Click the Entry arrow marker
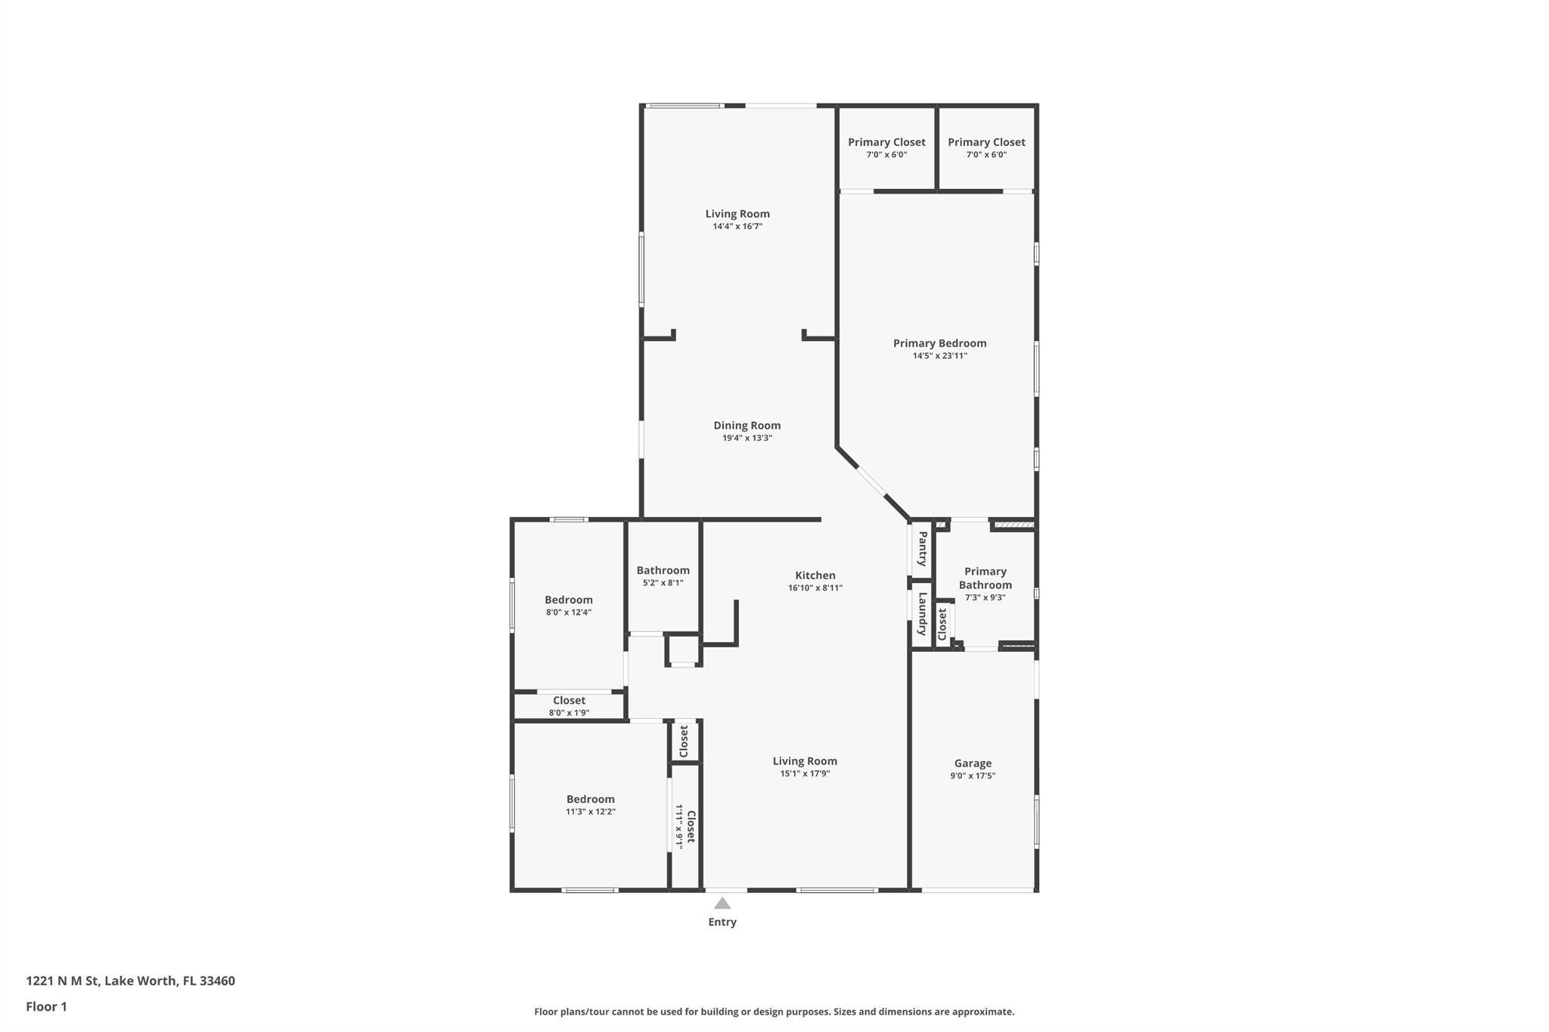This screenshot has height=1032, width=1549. pyautogui.click(x=722, y=903)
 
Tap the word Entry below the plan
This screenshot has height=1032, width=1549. pyautogui.click(x=722, y=922)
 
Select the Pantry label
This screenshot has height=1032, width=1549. pyautogui.click(x=923, y=549)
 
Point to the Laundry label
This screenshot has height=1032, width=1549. pyautogui.click(x=923, y=614)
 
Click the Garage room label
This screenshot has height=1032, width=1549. pyautogui.click(x=973, y=764)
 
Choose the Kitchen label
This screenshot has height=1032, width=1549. pyautogui.click(x=815, y=575)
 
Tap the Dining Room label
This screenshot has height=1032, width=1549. pyautogui.click(x=747, y=426)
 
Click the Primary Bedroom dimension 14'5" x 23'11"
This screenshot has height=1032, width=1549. pyautogui.click(x=940, y=356)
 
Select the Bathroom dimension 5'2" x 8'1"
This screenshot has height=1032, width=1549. pyautogui.click(x=663, y=583)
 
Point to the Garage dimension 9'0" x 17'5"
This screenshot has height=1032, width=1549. pyautogui.click(x=973, y=776)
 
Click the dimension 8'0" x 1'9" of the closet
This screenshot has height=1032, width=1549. pyautogui.click(x=569, y=713)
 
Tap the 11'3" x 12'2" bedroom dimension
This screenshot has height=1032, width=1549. pyautogui.click(x=591, y=812)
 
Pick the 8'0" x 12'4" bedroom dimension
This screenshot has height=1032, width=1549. pyautogui.click(x=569, y=612)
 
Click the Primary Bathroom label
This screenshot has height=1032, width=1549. pyautogui.click(x=986, y=578)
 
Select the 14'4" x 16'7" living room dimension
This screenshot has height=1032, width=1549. pyautogui.click(x=737, y=226)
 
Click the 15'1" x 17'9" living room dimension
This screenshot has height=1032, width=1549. pyautogui.click(x=806, y=773)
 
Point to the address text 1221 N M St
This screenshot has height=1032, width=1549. pyautogui.click(x=63, y=981)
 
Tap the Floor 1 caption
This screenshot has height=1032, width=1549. pyautogui.click(x=47, y=1007)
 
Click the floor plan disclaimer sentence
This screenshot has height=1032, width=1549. pyautogui.click(x=774, y=1012)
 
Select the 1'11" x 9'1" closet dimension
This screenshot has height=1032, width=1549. pyautogui.click(x=679, y=826)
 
